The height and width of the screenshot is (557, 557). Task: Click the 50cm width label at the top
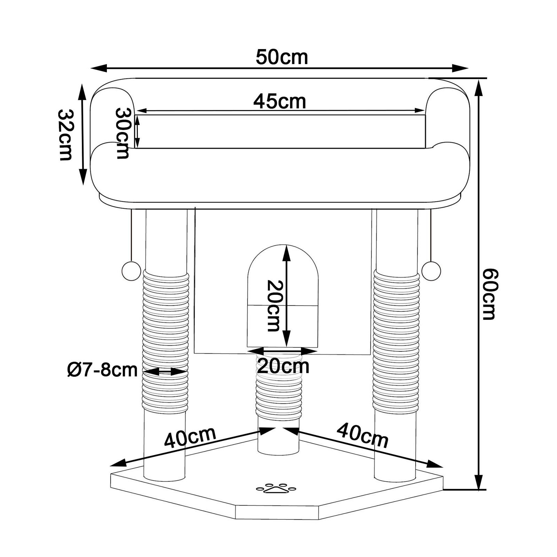(282, 57)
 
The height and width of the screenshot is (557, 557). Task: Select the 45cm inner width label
(280, 102)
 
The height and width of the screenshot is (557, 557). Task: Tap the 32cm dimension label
(65, 134)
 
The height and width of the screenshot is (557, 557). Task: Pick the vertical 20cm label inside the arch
(273, 306)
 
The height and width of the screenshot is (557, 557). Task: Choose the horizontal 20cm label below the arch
(283, 366)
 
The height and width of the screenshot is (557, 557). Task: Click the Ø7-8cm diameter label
(102, 370)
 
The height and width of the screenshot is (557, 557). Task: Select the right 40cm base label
(362, 435)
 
